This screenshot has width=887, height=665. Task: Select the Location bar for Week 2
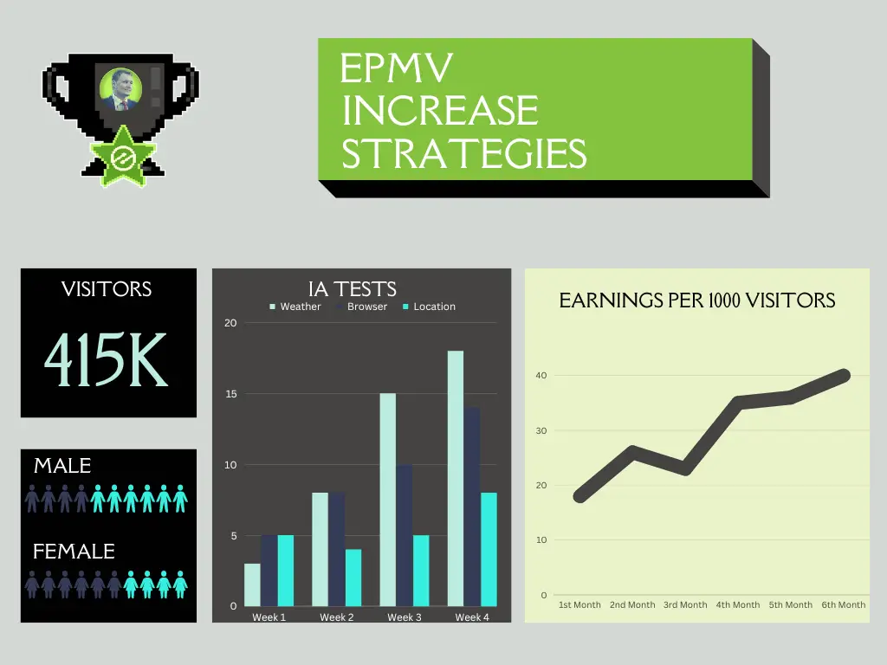coord(353,578)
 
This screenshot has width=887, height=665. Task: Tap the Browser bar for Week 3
coord(404,535)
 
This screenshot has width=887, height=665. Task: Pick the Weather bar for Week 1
coord(252,584)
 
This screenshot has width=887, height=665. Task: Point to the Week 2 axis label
coord(336,617)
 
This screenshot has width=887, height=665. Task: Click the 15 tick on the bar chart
coord(230,394)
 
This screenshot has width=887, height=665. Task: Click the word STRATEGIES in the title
coord(463,154)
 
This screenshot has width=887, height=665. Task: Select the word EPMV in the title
coord(397,68)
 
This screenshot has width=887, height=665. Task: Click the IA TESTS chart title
coord(353,289)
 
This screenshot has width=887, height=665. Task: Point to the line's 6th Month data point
coord(845,375)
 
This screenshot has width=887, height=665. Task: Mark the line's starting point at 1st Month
coord(579,497)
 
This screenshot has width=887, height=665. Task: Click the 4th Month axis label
coord(737,604)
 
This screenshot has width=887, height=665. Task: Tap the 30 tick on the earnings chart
coord(542,430)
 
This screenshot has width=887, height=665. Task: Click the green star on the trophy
coord(122,157)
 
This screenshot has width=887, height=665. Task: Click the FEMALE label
coord(74,552)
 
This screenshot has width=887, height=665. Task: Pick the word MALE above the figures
coord(62,466)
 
